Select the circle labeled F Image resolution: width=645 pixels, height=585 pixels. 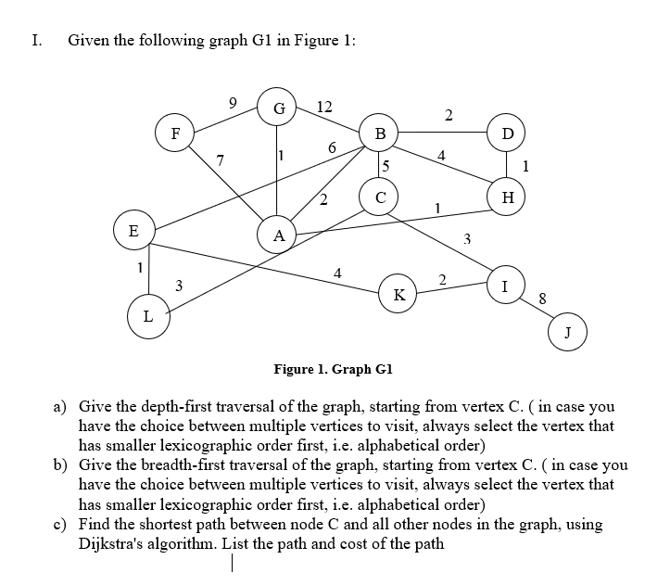click(x=174, y=131)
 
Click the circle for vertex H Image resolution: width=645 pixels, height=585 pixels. click(x=507, y=197)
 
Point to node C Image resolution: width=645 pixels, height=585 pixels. click(x=380, y=197)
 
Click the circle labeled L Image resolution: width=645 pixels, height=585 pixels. click(x=147, y=317)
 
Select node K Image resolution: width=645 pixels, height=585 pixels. click(x=398, y=295)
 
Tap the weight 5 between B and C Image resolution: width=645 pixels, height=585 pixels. click(x=385, y=167)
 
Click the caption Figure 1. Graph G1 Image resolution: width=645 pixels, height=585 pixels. click(x=335, y=369)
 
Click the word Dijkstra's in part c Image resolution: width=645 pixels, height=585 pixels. click(x=115, y=542)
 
